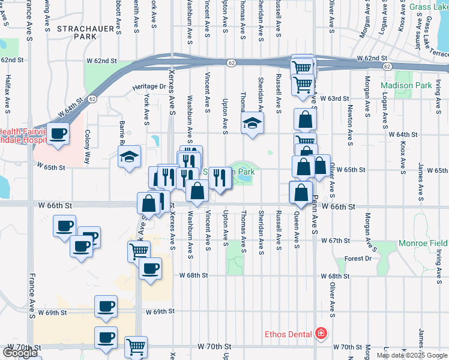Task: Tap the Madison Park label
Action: (x=406, y=85)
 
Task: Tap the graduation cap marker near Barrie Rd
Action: (x=130, y=157)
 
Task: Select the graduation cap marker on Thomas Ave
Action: (x=253, y=124)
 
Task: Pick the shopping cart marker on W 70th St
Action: (x=136, y=346)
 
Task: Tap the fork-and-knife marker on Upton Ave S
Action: (x=220, y=178)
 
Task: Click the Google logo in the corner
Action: (x=20, y=353)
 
